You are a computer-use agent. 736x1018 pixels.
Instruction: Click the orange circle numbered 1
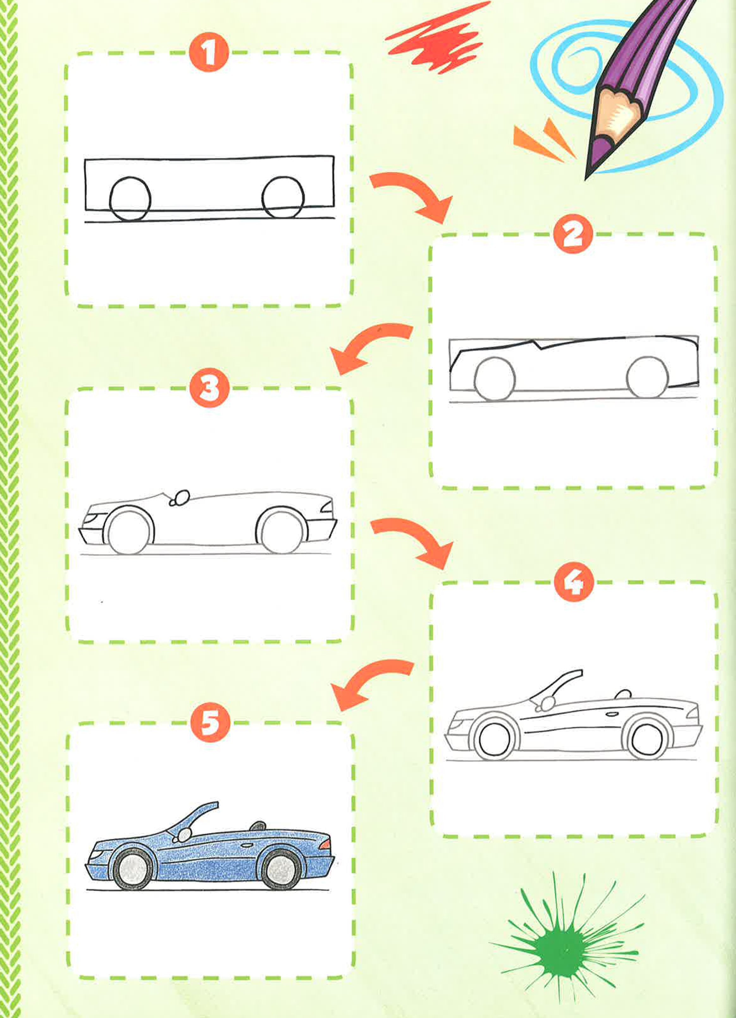click(209, 54)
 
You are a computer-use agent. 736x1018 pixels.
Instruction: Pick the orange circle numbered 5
click(210, 723)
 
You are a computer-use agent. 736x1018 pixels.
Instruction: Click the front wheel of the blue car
click(133, 869)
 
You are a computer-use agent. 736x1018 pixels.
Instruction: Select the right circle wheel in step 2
click(647, 377)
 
